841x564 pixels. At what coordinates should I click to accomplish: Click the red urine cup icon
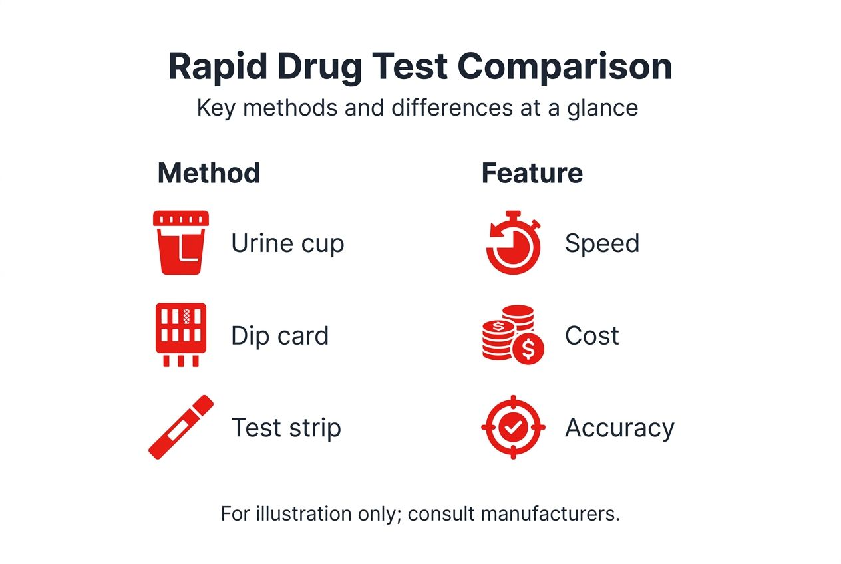click(x=181, y=243)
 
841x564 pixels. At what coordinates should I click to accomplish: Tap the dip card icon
click(x=181, y=335)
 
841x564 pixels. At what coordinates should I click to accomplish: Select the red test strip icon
click(x=181, y=427)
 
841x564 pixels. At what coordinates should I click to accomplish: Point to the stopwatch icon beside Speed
click(x=513, y=243)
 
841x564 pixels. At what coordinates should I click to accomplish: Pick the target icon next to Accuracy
click(x=513, y=427)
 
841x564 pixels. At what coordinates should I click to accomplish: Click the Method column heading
click(x=208, y=173)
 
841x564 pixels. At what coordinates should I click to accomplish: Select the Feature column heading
click(x=532, y=173)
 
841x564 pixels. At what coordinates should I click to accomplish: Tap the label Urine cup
click(x=287, y=243)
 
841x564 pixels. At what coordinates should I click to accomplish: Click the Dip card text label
click(x=279, y=335)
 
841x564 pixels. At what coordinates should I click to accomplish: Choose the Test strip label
click(x=286, y=427)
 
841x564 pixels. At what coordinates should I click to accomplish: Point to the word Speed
click(x=601, y=243)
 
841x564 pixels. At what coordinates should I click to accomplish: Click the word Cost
click(x=591, y=335)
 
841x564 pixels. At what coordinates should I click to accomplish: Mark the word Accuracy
click(x=619, y=428)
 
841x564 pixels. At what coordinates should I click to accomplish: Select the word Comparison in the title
click(x=566, y=67)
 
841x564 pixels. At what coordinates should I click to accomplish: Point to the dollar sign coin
click(x=528, y=348)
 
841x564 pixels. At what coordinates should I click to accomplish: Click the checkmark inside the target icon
click(x=513, y=427)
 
